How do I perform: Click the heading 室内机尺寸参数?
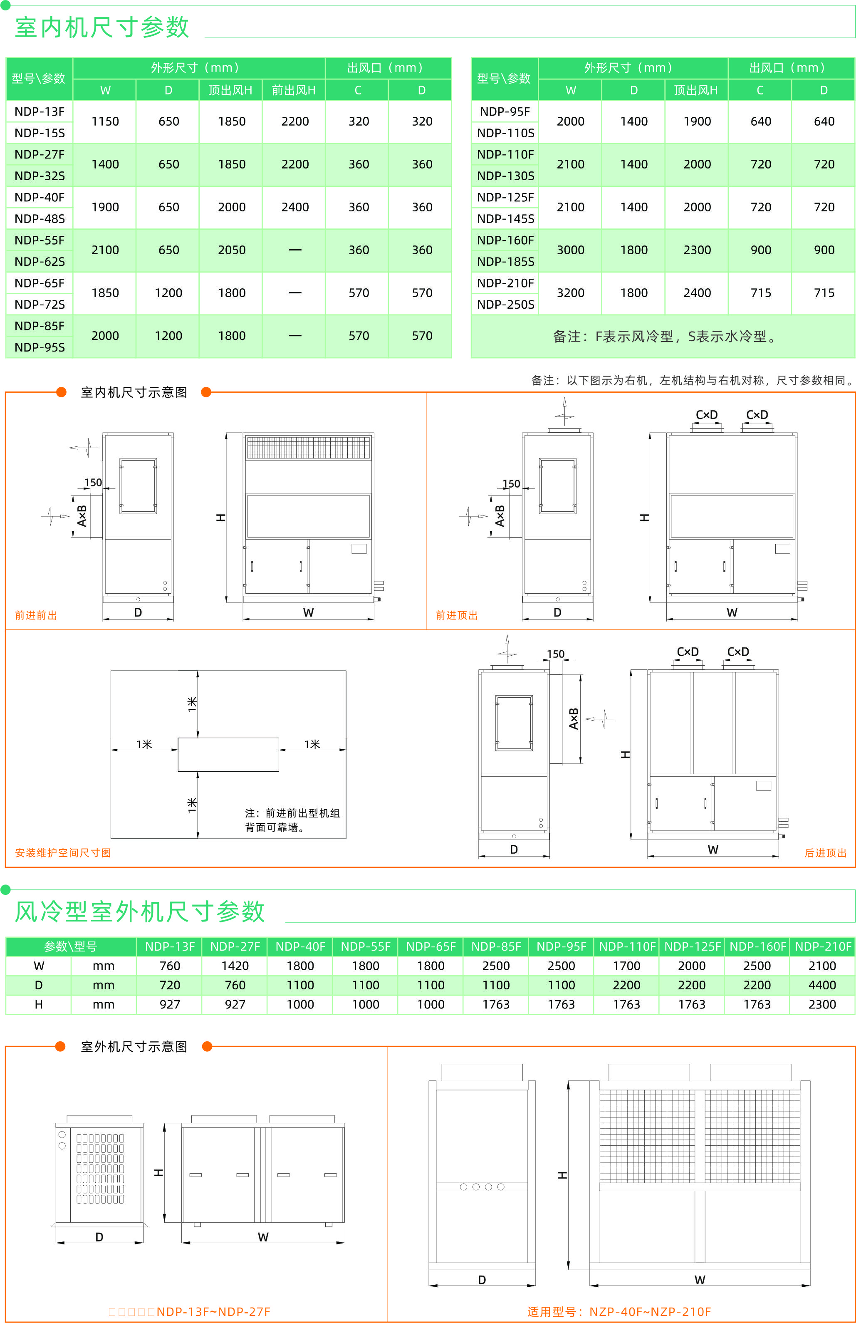102,27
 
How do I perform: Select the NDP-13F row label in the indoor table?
40,111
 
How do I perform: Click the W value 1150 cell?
105,121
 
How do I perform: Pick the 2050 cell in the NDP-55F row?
232,250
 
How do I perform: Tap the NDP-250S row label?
505,304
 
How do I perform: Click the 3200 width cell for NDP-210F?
570,293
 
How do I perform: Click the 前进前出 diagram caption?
36,615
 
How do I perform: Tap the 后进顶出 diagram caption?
825,853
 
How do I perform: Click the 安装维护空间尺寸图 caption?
63,853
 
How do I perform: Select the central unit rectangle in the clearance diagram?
228,754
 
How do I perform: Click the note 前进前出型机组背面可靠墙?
292,820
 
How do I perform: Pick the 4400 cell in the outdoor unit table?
821,985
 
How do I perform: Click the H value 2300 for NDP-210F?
821,1004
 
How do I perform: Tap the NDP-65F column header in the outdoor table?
431,946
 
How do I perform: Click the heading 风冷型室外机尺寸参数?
139,912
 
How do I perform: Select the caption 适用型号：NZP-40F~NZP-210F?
618,1312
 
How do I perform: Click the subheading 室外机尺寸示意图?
134,1047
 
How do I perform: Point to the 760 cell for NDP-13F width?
170,966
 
